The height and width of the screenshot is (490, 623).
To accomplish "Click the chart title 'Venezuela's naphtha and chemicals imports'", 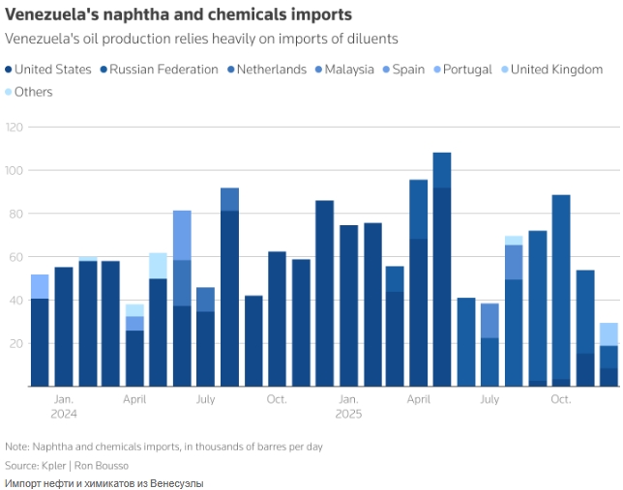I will (178, 15).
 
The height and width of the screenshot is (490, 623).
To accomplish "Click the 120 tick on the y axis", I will (14, 128).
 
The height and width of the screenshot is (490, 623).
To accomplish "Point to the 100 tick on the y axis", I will (14, 171).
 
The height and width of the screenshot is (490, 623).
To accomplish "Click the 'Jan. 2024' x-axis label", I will (63, 406).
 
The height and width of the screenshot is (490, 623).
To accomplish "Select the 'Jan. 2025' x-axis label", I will (347, 406).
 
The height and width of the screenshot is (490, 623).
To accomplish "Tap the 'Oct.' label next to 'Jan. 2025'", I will (277, 399).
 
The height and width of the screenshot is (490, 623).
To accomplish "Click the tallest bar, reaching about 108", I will (442, 270).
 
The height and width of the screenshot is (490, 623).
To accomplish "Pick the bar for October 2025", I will (561, 290).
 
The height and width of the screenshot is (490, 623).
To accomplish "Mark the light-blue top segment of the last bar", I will (608, 333).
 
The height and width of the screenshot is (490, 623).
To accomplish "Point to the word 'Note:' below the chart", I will (18, 447).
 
